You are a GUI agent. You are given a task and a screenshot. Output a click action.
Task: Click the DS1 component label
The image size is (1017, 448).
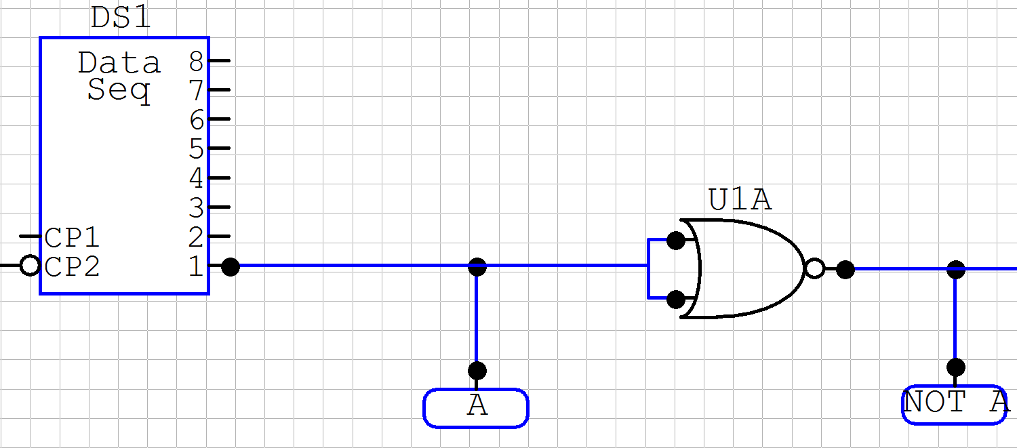tap(120, 18)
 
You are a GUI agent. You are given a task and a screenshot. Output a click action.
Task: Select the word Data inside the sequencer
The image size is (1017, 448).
tap(119, 63)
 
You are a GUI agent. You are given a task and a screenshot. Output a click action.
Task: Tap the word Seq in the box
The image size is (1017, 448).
tap(119, 90)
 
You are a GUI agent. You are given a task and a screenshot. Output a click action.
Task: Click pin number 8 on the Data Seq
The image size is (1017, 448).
tap(197, 62)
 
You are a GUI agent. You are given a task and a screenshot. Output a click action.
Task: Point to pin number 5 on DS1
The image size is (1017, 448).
tap(197, 148)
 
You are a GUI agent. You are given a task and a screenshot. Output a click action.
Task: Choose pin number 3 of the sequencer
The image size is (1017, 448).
tap(197, 207)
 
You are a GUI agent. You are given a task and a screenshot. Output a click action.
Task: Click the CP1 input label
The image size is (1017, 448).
tap(73, 238)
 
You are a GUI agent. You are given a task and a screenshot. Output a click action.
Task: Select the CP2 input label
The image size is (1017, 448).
tap(73, 266)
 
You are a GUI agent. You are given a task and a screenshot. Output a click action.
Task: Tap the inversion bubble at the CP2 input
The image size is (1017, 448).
tap(30, 266)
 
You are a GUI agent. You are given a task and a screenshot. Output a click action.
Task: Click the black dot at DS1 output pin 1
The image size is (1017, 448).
tap(231, 266)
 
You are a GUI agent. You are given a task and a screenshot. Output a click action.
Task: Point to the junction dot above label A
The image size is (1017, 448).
tap(477, 266)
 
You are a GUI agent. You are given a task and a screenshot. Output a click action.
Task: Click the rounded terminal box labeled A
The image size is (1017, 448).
tap(476, 407)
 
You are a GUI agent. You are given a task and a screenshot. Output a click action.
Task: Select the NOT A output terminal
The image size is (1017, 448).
tap(955, 404)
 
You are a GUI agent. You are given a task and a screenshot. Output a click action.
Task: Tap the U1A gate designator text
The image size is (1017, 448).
tap(740, 201)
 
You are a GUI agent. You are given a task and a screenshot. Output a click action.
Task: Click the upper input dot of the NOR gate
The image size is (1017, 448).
tap(675, 240)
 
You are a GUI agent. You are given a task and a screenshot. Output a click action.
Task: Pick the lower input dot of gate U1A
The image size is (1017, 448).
tap(675, 299)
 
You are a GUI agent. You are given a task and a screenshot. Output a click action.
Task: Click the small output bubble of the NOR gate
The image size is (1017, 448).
tap(815, 269)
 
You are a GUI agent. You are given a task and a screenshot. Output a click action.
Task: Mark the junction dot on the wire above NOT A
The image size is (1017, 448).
tap(956, 269)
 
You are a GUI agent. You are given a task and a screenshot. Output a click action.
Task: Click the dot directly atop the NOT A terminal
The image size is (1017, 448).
tap(956, 367)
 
